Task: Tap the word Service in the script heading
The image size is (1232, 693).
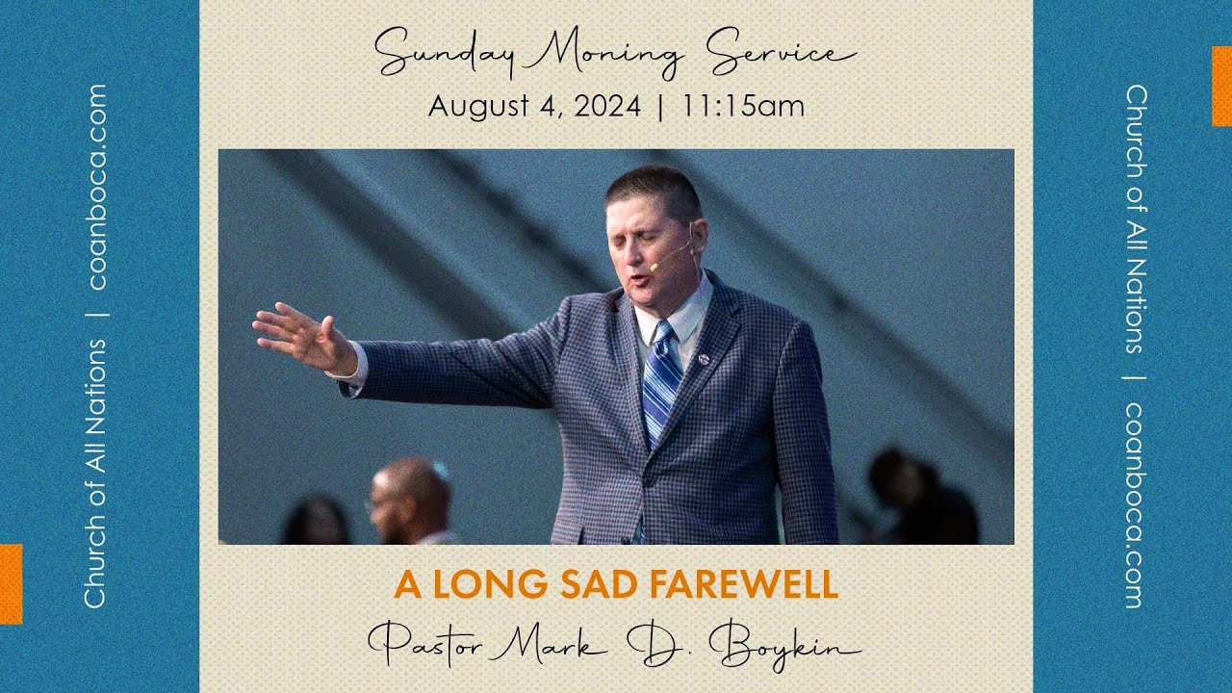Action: coord(781,53)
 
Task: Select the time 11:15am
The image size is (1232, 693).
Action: coord(743,106)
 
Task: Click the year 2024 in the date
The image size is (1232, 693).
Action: coord(606,106)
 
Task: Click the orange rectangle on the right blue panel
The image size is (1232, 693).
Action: coord(1221,86)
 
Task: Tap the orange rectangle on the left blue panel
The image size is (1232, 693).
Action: coord(11,583)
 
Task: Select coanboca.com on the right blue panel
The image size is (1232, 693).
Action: coord(1136,504)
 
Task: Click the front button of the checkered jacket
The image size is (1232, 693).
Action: coord(650,480)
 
